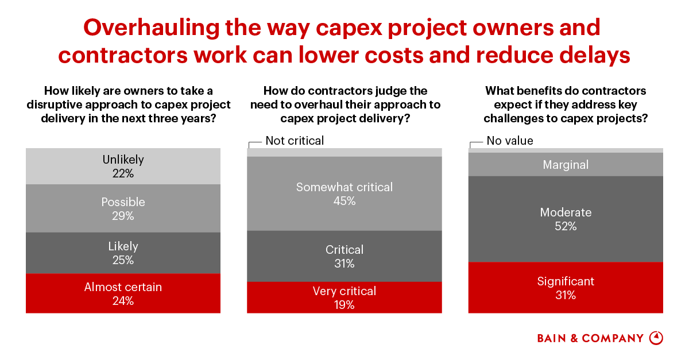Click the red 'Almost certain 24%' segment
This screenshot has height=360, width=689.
[x=123, y=293]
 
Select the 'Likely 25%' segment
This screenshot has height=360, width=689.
[x=123, y=253]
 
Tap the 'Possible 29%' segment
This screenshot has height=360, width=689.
[x=123, y=208]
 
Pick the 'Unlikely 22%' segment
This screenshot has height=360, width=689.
[x=123, y=166]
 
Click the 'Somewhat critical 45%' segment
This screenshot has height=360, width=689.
[x=344, y=193]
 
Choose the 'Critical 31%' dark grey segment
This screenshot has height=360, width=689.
[x=344, y=256]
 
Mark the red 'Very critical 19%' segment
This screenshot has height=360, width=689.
[x=344, y=297]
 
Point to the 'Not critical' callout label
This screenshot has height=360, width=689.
[x=295, y=141]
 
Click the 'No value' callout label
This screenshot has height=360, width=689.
[x=510, y=141]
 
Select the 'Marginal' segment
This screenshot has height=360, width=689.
[x=566, y=165]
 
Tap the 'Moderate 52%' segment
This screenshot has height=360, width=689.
[x=566, y=219]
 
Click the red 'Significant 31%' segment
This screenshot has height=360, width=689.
[x=566, y=288]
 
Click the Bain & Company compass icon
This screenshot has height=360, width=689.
[x=656, y=338]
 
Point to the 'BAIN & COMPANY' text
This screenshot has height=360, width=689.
[x=590, y=338]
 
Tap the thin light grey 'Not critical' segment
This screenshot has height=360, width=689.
[x=344, y=152]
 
